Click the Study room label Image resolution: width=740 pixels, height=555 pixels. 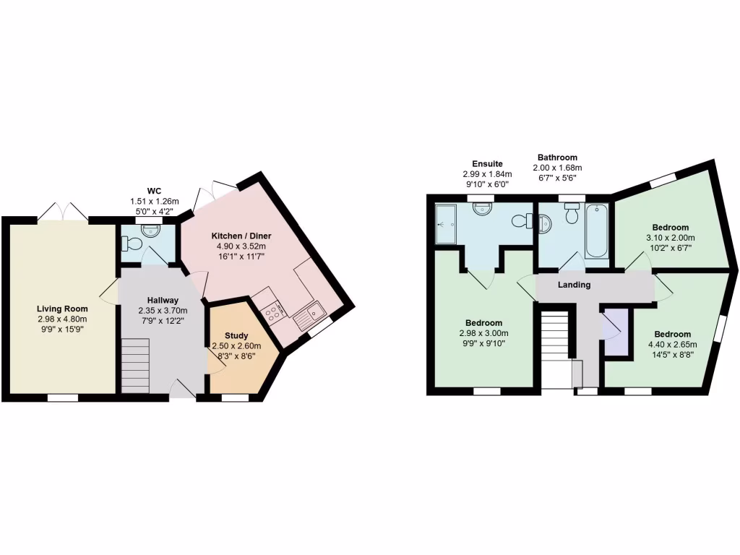(x=236, y=336)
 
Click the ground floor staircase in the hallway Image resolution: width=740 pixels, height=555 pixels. (x=134, y=368)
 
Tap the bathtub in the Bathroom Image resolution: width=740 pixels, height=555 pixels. (x=596, y=231)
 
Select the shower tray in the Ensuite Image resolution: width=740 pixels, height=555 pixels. (x=445, y=223)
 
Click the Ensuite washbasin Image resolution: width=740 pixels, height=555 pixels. (x=482, y=209)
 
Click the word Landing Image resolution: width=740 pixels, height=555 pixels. (x=575, y=285)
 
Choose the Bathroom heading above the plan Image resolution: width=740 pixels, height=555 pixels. (x=557, y=158)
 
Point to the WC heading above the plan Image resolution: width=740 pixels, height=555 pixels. (x=153, y=191)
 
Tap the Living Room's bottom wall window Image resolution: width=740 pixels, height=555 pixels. (x=63, y=397)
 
